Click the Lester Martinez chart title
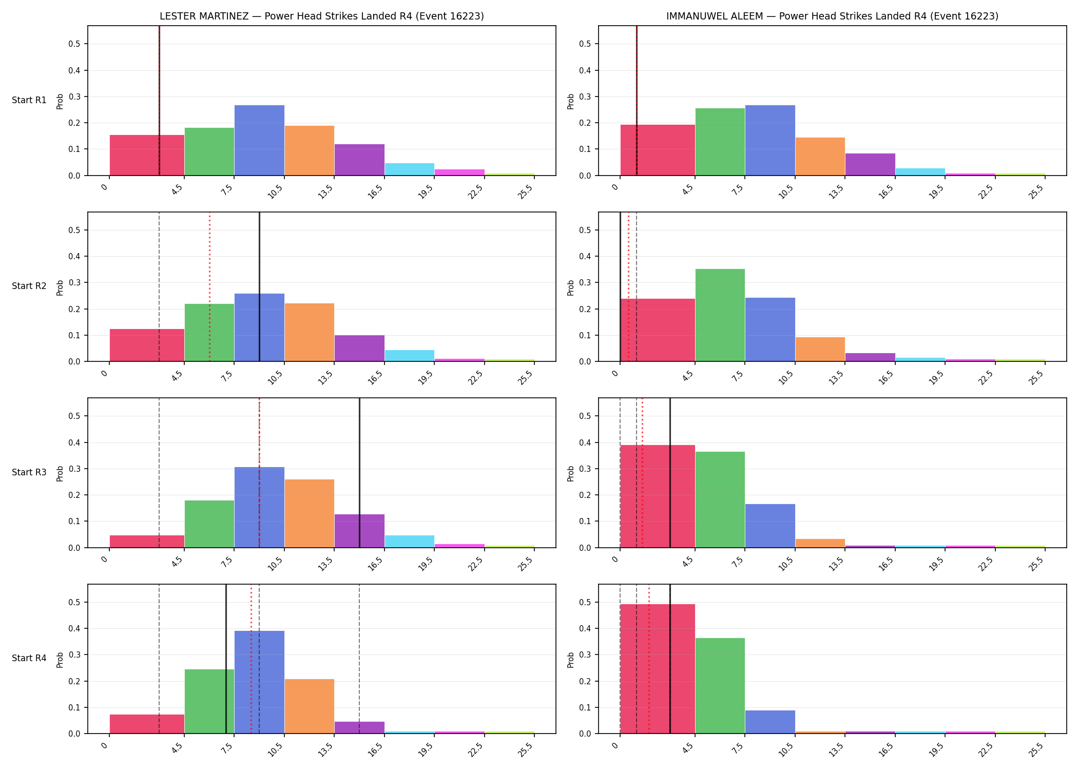click(x=322, y=16)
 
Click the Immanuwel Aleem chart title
click(x=832, y=16)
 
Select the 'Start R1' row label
click(x=29, y=100)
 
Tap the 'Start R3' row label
click(x=29, y=472)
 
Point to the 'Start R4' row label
click(x=29, y=658)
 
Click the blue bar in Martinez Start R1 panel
click(x=259, y=140)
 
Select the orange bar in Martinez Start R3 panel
click(x=310, y=513)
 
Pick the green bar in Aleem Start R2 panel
click(x=720, y=315)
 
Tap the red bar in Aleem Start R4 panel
click(x=658, y=669)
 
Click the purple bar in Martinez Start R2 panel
click(x=359, y=348)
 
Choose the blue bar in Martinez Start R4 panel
click(x=259, y=682)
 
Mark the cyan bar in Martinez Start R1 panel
click(x=410, y=169)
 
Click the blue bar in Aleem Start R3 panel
click(x=770, y=526)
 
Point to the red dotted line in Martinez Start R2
click(x=209, y=286)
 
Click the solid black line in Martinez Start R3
click(x=359, y=473)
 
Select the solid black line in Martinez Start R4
click(x=226, y=659)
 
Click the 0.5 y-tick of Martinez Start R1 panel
click(x=74, y=44)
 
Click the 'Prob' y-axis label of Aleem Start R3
click(x=571, y=473)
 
